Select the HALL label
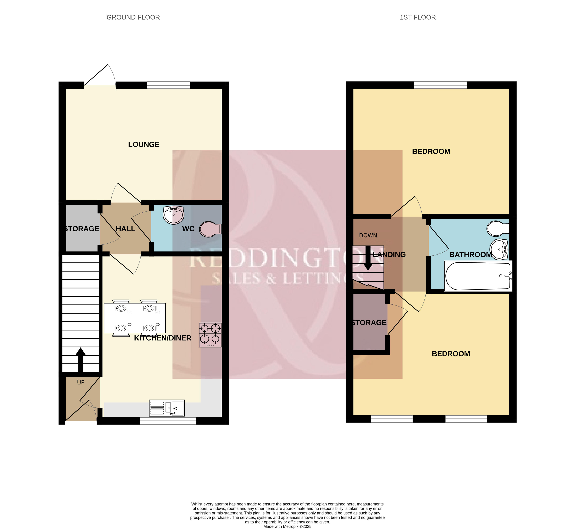[x=126, y=229]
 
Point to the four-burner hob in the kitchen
[x=210, y=335]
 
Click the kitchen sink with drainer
[x=167, y=408]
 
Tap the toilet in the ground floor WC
[x=211, y=229]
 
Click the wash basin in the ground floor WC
[x=173, y=215]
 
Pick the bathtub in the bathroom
[x=478, y=276]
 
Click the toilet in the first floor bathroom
[x=498, y=228]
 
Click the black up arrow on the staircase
[x=81, y=360]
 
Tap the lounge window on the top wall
[x=169, y=85]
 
